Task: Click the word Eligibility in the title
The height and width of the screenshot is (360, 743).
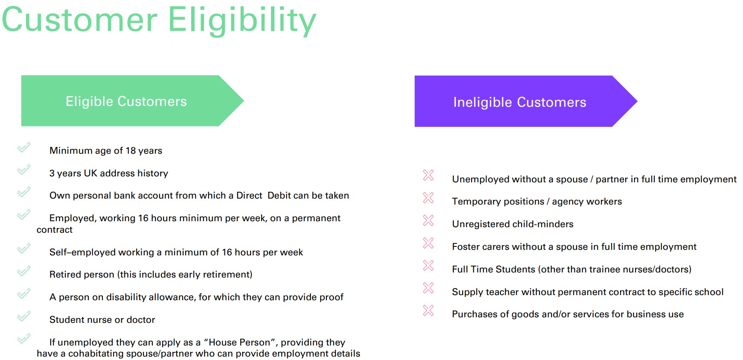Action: pos(242,20)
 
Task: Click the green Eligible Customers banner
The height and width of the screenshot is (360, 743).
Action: pos(132,101)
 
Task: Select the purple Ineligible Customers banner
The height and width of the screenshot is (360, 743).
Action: pos(526,101)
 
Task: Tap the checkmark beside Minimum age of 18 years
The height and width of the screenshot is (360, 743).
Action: pos(24,147)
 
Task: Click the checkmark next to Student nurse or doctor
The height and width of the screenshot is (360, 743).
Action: pos(24,316)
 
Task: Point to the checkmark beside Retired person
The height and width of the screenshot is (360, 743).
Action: pos(24,271)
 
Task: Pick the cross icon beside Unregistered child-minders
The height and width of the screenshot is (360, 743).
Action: pos(428,220)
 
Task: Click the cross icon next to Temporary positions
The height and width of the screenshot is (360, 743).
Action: pos(428,198)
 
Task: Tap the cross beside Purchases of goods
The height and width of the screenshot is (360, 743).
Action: pos(428,310)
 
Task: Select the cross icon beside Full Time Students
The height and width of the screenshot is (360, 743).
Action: pos(428,266)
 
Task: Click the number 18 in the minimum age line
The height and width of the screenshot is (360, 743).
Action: pos(131,151)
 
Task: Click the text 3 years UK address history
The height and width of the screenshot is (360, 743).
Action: pos(109,173)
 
